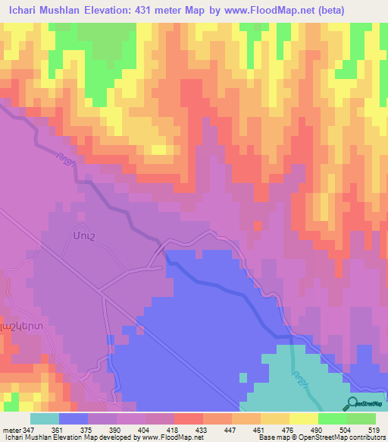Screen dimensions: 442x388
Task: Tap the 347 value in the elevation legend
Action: point(30,430)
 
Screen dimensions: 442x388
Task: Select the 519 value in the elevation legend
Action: point(373,430)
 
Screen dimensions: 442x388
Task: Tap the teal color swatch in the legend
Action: point(45,418)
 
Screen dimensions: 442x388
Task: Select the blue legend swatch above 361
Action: point(74,418)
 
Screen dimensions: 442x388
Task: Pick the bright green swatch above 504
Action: point(333,418)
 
